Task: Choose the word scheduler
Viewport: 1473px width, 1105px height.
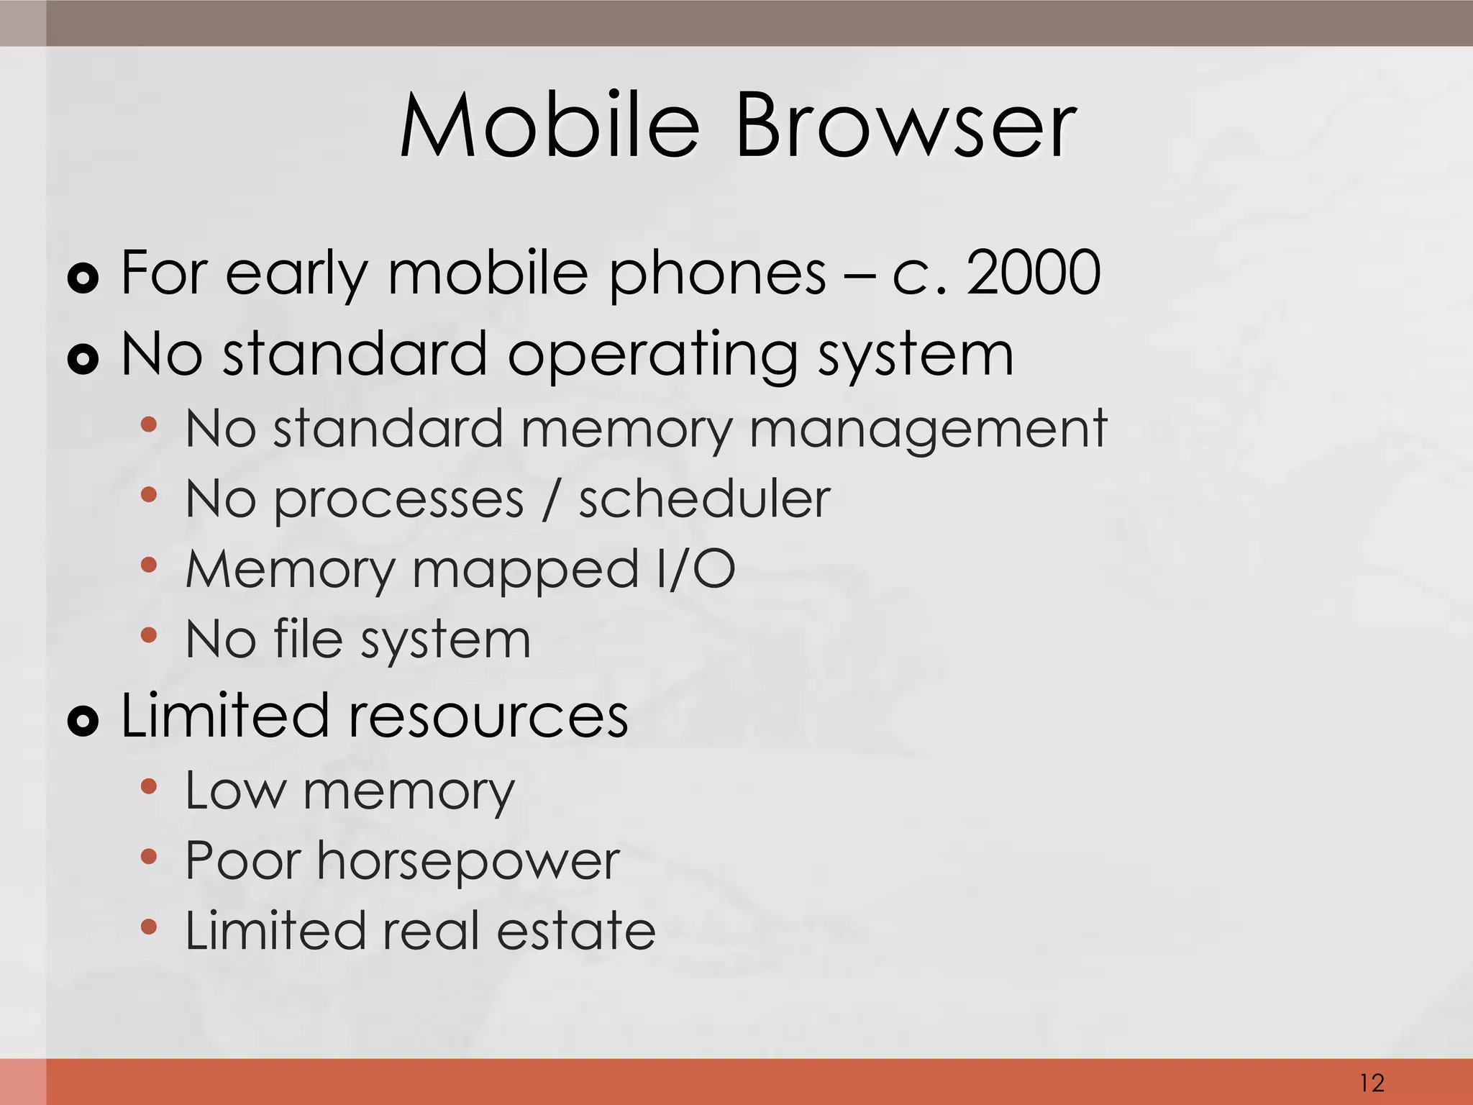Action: point(705,499)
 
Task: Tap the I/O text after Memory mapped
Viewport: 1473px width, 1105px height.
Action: point(696,568)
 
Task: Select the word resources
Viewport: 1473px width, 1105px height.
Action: point(489,716)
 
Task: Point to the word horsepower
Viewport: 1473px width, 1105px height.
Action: point(468,861)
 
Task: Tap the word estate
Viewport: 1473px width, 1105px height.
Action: point(575,930)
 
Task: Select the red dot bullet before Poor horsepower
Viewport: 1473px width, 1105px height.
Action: point(149,857)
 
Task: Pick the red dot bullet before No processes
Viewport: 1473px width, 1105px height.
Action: point(149,495)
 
